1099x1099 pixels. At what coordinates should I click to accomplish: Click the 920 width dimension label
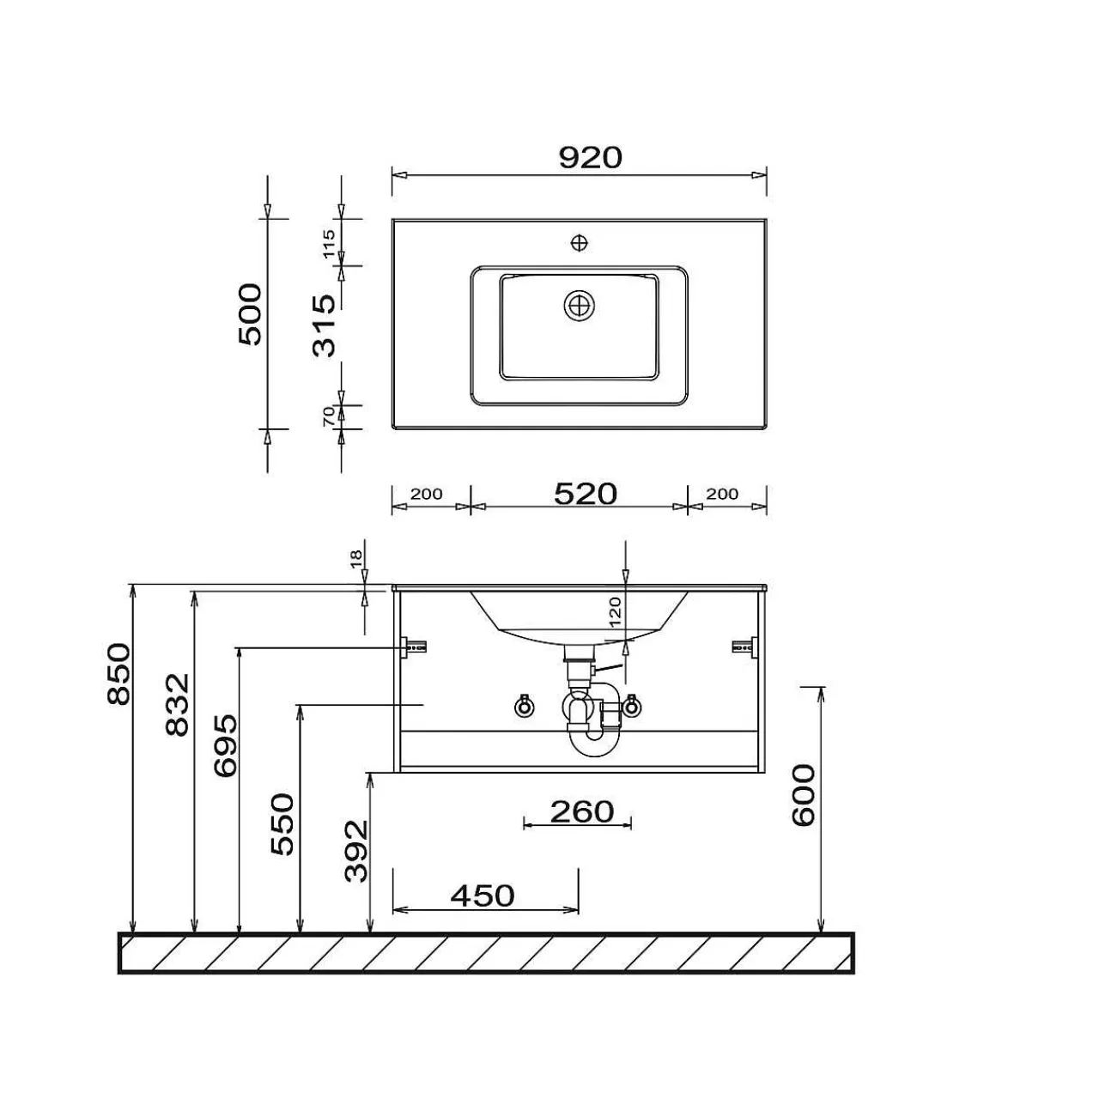[590, 158]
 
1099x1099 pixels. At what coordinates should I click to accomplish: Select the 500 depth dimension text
[251, 314]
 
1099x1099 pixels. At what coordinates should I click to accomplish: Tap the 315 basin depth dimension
[325, 325]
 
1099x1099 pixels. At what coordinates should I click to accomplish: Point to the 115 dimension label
[329, 244]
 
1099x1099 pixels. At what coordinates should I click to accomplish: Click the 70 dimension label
[329, 416]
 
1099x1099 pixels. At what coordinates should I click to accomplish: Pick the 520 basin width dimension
[586, 494]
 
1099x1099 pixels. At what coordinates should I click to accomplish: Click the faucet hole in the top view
[580, 243]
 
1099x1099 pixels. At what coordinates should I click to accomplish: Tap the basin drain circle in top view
[580, 306]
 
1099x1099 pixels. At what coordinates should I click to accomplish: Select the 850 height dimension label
[119, 673]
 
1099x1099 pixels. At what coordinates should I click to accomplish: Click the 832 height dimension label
[178, 705]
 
